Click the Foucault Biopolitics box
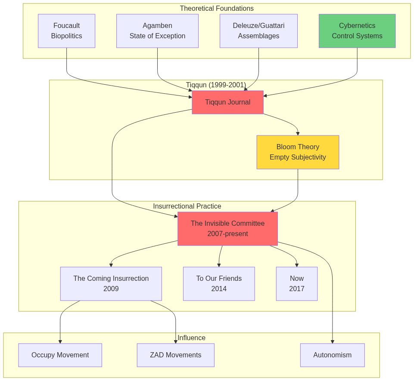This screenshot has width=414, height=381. (66, 31)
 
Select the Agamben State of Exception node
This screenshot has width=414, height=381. (157, 31)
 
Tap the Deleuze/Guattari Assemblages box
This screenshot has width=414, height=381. (258, 31)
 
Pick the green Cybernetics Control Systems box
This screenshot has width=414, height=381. (357, 31)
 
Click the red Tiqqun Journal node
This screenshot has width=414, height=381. (227, 102)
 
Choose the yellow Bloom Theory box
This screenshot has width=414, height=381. (298, 152)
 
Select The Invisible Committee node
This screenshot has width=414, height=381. (227, 229)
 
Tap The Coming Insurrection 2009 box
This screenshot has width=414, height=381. (111, 284)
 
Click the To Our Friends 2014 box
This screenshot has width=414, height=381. (219, 284)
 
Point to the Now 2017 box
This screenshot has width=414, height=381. (297, 284)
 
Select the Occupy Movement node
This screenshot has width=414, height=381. (60, 355)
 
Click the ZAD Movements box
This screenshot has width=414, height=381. (175, 355)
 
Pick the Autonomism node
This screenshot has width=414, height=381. (332, 355)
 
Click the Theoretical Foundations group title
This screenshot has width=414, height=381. (217, 9)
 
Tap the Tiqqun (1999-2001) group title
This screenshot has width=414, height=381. (216, 85)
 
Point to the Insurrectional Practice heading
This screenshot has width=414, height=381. (187, 206)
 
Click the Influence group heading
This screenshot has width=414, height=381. (191, 338)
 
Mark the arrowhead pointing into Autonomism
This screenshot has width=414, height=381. (333, 342)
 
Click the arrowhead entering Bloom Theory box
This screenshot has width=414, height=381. (298, 134)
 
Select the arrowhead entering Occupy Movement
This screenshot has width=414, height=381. (60, 342)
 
